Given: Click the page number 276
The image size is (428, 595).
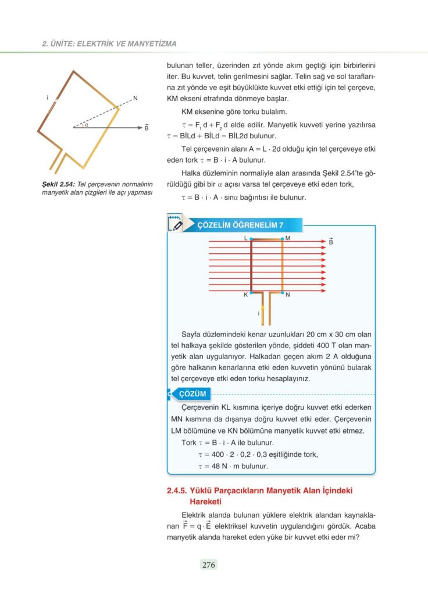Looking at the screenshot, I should pos(209,564).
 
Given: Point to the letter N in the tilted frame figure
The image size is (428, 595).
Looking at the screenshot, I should pos(135,98).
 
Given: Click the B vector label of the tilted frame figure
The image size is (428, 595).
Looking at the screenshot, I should pos(146,127).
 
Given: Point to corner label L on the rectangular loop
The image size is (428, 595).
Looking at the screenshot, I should pos(246,238).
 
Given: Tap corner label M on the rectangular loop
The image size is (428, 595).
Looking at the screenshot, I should pos(288,238).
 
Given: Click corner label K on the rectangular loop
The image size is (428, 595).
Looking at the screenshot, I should pos(245,295).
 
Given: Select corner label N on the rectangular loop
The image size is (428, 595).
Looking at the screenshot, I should pos(288,295).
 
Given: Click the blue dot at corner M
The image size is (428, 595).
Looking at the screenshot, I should pos(282,239).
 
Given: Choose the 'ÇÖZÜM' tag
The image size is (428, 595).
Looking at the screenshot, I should pos(193,394).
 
